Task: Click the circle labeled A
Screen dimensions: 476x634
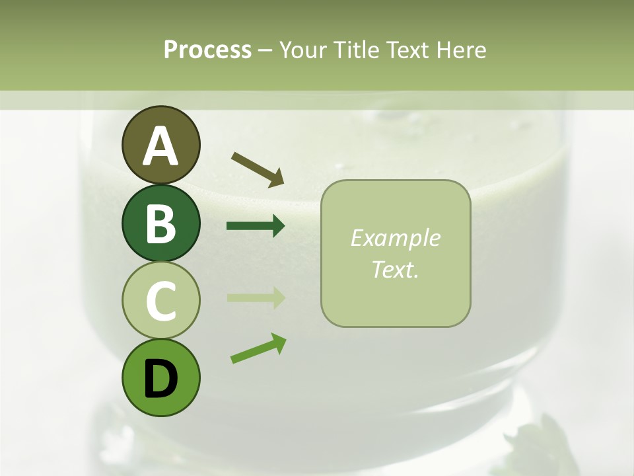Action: [x=160, y=145]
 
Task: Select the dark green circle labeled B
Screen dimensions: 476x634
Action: [x=160, y=223]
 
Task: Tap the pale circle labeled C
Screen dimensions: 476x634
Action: [x=160, y=300]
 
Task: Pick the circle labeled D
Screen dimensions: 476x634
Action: [x=160, y=377]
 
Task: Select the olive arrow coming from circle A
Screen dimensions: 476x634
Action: [x=258, y=169]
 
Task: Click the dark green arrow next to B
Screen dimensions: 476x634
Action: [x=256, y=226]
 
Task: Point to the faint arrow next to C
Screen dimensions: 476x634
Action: [x=256, y=297]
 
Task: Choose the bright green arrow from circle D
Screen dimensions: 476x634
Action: [x=258, y=348]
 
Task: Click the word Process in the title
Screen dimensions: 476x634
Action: [x=207, y=50]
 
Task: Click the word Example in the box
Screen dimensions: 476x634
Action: [x=395, y=238]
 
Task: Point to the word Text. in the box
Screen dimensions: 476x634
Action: [x=395, y=269]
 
